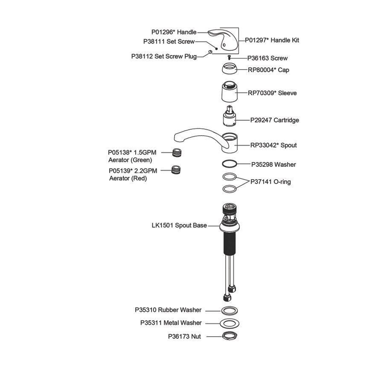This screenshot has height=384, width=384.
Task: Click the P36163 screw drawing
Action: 230,58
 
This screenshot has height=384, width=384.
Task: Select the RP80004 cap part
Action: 230,68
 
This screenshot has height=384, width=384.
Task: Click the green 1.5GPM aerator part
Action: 177,152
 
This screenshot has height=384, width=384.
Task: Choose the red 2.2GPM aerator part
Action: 176,170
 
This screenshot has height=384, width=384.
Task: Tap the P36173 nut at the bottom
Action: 230,336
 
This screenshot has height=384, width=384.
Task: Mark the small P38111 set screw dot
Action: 216,49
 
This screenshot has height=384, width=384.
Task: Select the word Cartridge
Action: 286,120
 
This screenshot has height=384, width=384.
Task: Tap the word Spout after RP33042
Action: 288,145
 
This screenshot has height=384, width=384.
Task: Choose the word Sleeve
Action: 287,93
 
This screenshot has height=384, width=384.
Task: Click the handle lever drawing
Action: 223,39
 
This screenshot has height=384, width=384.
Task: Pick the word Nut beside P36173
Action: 196,337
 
